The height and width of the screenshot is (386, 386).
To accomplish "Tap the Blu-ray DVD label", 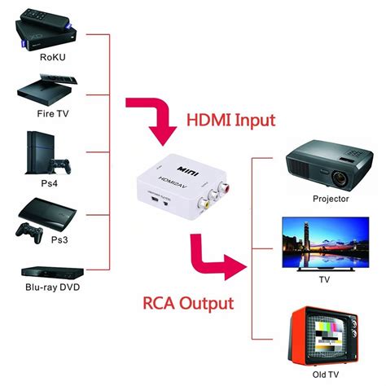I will click(x=54, y=287).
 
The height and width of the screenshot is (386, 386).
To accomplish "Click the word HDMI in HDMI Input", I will click(x=206, y=121).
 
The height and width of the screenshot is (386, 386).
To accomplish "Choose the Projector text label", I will click(x=331, y=198).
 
